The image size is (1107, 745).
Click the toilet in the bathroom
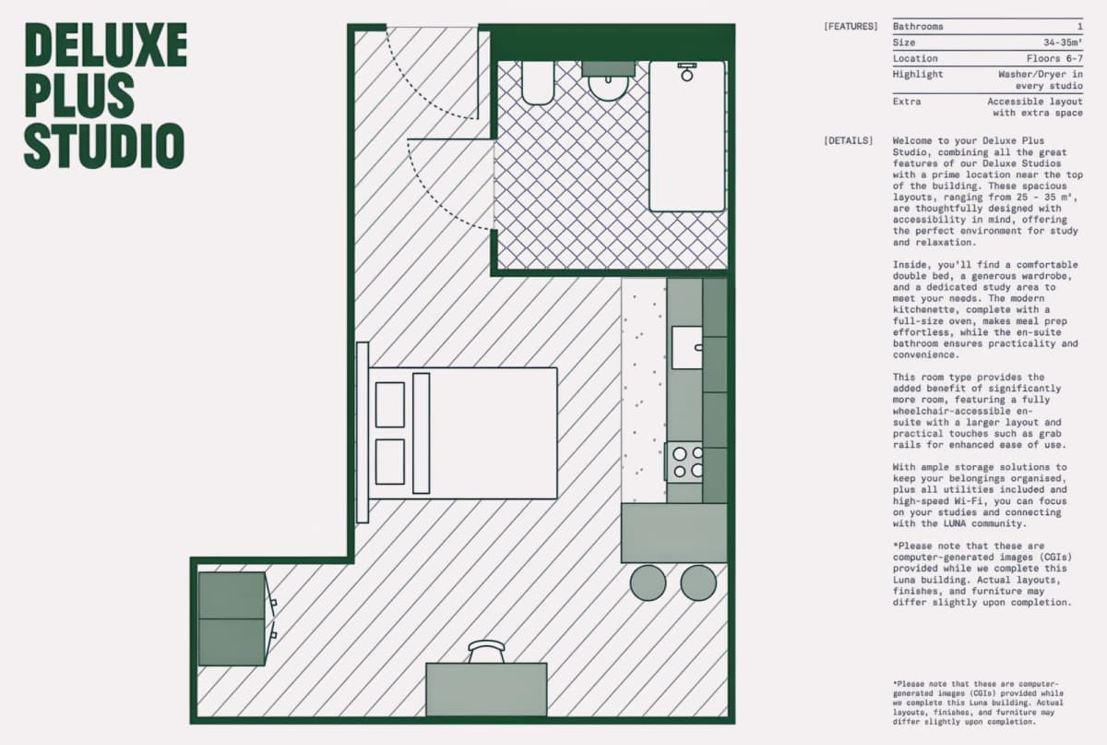[x=538, y=82]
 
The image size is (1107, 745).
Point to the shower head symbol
[x=687, y=72]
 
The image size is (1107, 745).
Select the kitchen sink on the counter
[x=687, y=347]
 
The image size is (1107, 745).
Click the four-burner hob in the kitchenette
[x=684, y=462]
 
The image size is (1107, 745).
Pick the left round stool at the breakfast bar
[x=648, y=583]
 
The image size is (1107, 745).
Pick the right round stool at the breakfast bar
[x=698, y=583]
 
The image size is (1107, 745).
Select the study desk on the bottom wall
[x=486, y=690]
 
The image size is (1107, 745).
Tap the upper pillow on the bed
[x=390, y=404]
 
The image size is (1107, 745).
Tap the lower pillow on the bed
[x=390, y=462]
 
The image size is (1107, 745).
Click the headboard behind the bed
[x=363, y=432]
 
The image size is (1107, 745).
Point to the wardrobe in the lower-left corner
[x=232, y=619]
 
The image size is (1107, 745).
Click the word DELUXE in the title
[x=106, y=44]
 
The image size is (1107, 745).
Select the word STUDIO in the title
[x=104, y=146]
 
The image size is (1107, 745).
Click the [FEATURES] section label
[x=851, y=26]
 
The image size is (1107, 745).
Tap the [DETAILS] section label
[x=848, y=140]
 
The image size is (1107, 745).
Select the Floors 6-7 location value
[x=1054, y=58]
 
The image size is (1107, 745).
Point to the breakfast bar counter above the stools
[x=674, y=533]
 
